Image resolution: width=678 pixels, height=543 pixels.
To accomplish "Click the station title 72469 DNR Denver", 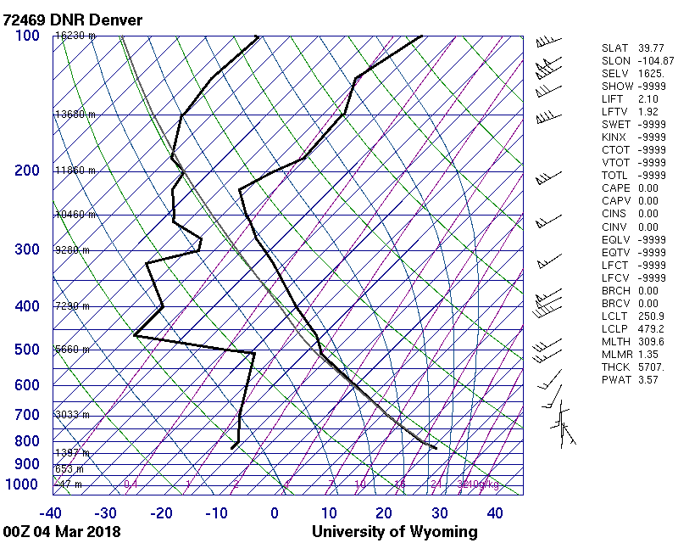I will (x=72, y=20).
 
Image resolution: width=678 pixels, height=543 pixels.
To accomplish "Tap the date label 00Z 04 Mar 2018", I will (x=61, y=532).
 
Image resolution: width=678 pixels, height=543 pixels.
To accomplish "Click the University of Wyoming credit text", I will (x=394, y=532).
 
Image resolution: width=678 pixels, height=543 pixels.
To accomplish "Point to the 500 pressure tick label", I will (x=27, y=350).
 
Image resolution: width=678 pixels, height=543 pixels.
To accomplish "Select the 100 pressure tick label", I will (x=27, y=36).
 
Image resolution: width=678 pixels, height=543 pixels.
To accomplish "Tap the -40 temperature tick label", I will (x=51, y=513).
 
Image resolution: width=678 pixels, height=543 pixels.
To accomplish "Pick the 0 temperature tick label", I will (x=275, y=513).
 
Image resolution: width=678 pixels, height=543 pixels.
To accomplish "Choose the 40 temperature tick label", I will (x=494, y=513).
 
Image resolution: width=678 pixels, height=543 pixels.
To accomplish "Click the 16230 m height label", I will (x=75, y=36).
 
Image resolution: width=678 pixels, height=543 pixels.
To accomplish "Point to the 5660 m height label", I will (x=72, y=350).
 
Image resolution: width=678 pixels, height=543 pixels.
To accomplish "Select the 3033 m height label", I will (x=72, y=415).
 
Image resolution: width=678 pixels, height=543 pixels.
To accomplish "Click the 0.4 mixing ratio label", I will (x=131, y=484).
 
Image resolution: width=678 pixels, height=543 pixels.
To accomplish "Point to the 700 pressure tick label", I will (x=27, y=415).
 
